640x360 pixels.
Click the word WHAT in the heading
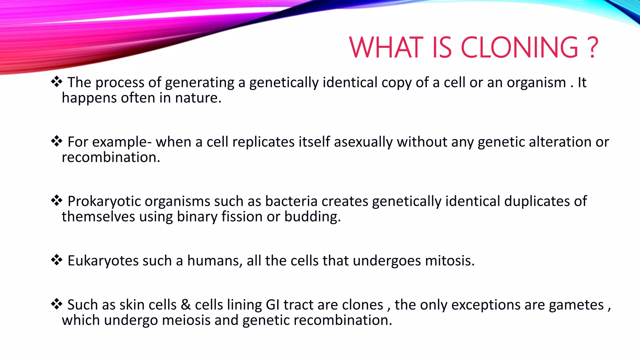(386, 47)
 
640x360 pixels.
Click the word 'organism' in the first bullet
(536, 83)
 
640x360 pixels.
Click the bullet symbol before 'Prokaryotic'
(57, 200)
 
